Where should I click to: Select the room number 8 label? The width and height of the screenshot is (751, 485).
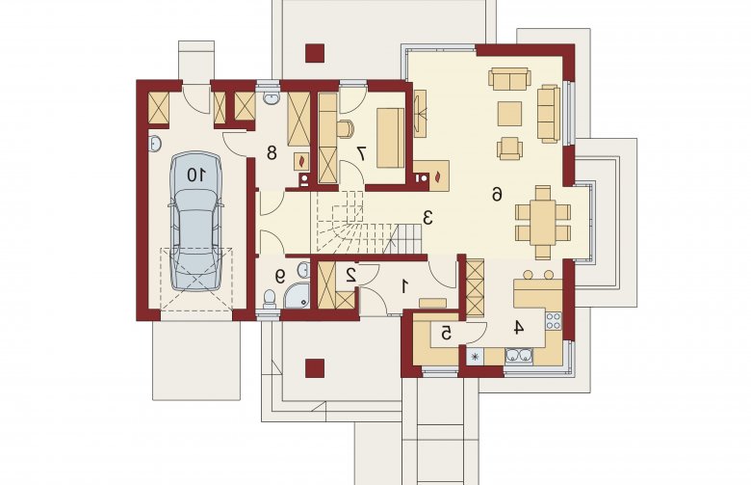[x=272, y=153]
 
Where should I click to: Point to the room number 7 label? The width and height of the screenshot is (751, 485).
[x=361, y=153]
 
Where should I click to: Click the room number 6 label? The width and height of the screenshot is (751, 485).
[x=497, y=194]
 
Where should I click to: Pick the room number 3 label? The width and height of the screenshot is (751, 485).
[x=427, y=217]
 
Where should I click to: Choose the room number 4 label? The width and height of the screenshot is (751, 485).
[x=519, y=327]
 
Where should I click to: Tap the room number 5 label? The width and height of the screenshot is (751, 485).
[x=447, y=333]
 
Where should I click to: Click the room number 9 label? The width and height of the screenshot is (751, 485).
[x=280, y=276]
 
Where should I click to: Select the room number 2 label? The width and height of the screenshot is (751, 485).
[x=351, y=275]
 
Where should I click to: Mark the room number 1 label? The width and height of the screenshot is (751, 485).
[x=404, y=286]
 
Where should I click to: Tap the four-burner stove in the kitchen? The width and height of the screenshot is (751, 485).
[x=554, y=320]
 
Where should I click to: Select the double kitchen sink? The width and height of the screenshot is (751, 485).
[x=518, y=356]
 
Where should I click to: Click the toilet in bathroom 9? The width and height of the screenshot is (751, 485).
[x=270, y=299]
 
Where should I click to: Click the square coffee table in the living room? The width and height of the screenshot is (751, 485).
[x=509, y=113]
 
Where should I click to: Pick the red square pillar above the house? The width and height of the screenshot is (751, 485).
[x=315, y=53]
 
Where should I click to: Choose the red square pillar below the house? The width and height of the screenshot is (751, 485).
[x=315, y=368]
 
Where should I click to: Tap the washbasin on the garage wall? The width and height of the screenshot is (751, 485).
[x=155, y=143]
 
